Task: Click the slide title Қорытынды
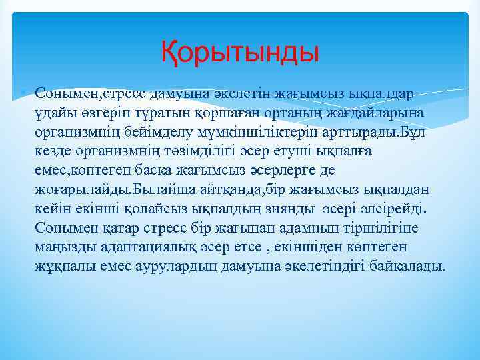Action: [240, 51]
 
